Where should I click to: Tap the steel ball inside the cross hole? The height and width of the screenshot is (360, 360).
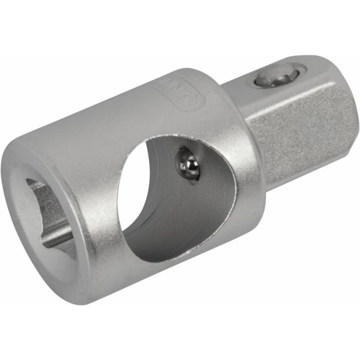(x=189, y=164)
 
